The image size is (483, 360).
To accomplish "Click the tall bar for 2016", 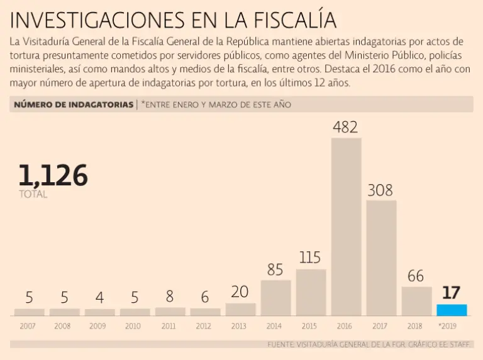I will [x=346, y=226].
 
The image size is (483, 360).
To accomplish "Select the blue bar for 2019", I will [x=452, y=310].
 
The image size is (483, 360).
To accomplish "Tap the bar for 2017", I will [x=381, y=258].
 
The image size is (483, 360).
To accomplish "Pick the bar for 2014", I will [x=275, y=298].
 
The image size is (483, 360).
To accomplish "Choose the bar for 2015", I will [x=311, y=292].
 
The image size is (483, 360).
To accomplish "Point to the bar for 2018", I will [x=416, y=301].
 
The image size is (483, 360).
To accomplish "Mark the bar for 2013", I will [x=240, y=309].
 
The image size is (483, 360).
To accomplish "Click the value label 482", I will [x=345, y=127].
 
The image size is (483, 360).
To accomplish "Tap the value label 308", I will [x=380, y=190].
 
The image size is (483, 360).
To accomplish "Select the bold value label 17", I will [x=452, y=293].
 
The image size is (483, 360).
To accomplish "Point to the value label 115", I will [x=310, y=258].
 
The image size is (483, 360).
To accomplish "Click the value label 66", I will [x=416, y=276].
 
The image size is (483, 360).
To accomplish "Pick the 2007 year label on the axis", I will [x=28, y=326].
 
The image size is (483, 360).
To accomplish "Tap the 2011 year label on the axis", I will [x=169, y=326].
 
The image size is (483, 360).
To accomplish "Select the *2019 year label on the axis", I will [x=450, y=326].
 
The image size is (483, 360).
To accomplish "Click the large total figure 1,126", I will [x=53, y=175].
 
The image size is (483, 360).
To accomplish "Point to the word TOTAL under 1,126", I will [x=33, y=195].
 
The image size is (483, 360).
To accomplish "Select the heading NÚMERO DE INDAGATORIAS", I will [x=72, y=104].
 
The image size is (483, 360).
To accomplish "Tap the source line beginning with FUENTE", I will [x=369, y=344].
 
